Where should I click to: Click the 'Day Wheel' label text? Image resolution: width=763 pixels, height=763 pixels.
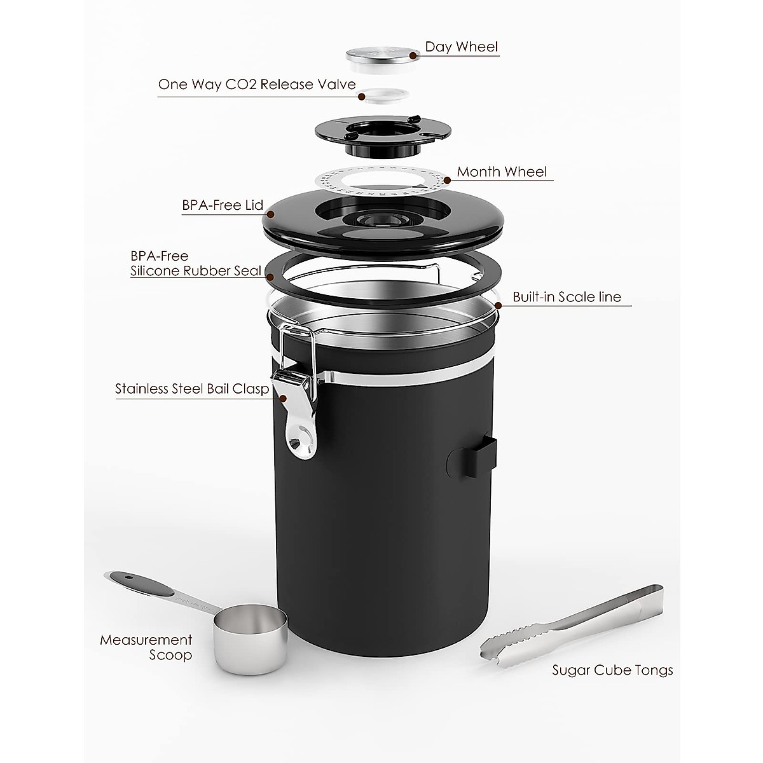tap(461, 47)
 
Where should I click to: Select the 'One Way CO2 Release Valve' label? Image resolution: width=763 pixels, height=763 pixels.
tap(256, 85)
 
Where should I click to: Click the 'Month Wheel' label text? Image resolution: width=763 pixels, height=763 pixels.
tap(502, 172)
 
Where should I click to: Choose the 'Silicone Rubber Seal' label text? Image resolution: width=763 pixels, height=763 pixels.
tap(196, 271)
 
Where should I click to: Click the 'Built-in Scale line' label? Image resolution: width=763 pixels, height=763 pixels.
tap(567, 297)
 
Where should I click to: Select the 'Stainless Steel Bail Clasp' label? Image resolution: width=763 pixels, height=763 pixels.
tap(192, 389)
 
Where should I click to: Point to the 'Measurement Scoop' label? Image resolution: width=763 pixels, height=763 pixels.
tap(146, 647)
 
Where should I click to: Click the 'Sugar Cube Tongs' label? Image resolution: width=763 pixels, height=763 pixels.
tap(612, 670)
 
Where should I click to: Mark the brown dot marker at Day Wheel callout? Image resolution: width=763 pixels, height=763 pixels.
tap(413, 55)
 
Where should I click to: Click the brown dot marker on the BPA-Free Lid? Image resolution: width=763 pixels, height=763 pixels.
tap(270, 215)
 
